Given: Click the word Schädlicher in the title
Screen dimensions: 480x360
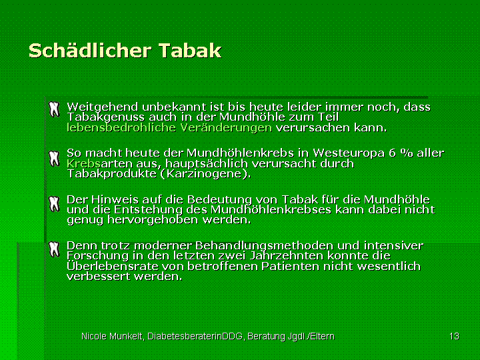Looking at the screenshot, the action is pyautogui.click(x=90, y=51).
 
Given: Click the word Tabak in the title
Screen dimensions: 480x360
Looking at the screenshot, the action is pyautogui.click(x=190, y=51).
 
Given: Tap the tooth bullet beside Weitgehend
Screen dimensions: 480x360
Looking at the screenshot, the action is pyautogui.click(x=54, y=109).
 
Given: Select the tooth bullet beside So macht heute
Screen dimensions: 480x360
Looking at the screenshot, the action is pyautogui.click(x=54, y=159).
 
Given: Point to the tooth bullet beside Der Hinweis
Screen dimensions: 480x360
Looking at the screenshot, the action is pyautogui.click(x=54, y=204).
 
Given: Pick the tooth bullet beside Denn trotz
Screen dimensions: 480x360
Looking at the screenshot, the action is pyautogui.click(x=54, y=249).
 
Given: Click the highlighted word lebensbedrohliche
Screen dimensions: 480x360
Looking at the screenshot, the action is pyautogui.click(x=121, y=127).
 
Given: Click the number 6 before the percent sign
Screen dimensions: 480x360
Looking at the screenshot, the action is pyautogui.click(x=392, y=153).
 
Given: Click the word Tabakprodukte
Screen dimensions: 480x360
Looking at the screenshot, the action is pyautogui.click(x=111, y=174).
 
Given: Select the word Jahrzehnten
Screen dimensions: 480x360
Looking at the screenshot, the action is pyautogui.click(x=287, y=255).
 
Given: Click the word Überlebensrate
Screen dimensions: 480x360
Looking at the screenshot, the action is pyautogui.click(x=113, y=266).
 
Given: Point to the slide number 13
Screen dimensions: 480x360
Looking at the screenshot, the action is pyautogui.click(x=454, y=336).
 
